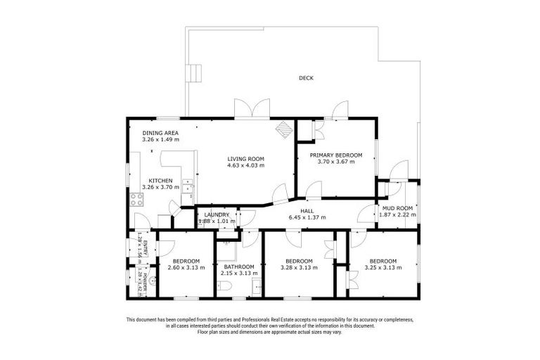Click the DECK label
point(305,78)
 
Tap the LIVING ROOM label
point(245,158)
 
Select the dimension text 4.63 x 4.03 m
point(245,166)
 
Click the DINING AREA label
point(160,133)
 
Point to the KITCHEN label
point(160,181)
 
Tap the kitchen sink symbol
point(188,186)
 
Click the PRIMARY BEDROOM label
point(335,155)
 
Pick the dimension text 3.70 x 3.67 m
point(335,162)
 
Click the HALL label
point(307,210)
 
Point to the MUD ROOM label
point(397,209)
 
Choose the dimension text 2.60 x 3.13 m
point(186,268)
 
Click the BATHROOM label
point(239,266)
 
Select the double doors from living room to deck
point(252,109)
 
